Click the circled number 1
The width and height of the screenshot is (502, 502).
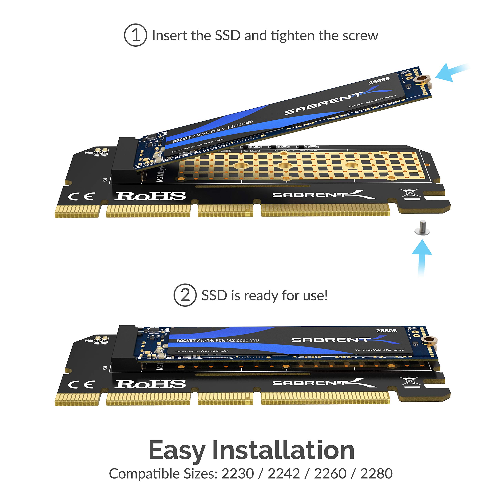[x=135, y=35]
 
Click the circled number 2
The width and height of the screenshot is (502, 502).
[x=185, y=295]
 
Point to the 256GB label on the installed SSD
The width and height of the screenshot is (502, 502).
[x=387, y=330]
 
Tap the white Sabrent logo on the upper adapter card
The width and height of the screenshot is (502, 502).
[x=324, y=195]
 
